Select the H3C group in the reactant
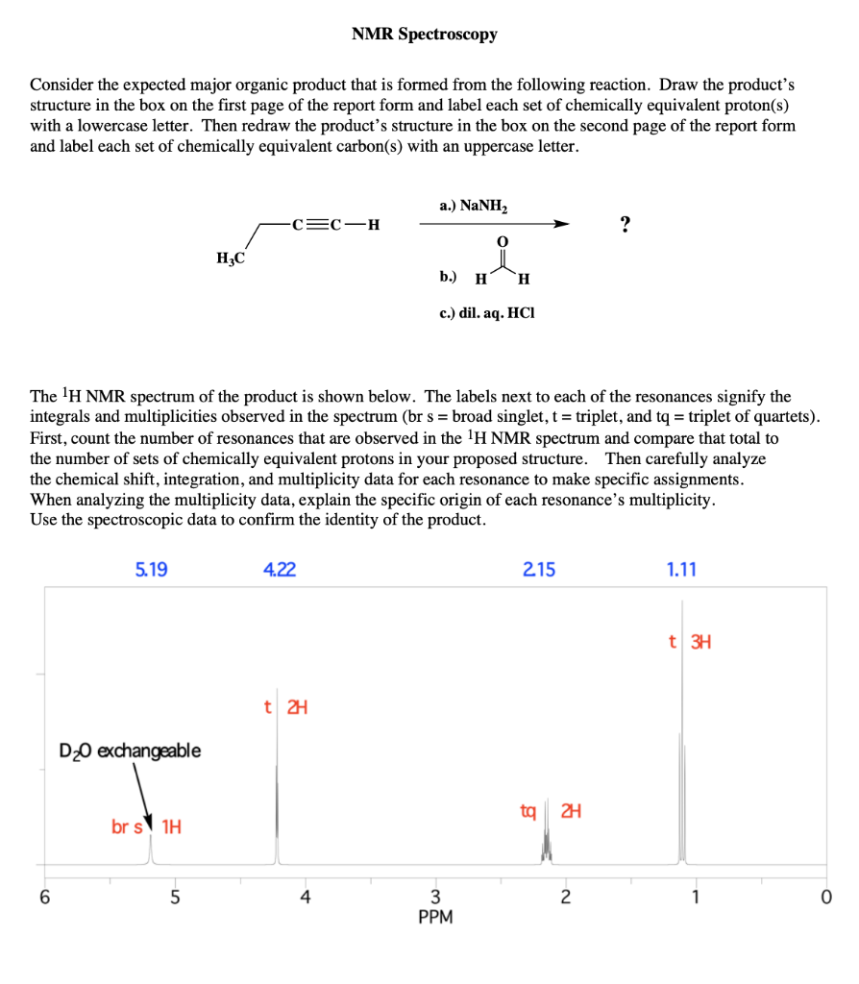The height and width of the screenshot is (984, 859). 231,257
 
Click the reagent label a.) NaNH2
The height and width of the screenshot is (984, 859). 474,206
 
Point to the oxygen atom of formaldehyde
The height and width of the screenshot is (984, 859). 500,239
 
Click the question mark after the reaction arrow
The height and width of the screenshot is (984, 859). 626,226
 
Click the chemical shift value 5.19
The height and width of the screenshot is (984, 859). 151,570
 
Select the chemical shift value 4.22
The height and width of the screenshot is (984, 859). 279,570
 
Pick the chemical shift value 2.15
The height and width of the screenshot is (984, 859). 539,570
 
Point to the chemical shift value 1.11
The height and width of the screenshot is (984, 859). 681,570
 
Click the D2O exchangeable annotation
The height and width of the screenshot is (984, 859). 131,750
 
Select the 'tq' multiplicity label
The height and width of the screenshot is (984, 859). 528,812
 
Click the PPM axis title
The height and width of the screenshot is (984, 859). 435,918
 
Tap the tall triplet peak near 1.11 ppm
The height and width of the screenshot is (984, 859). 682,730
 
